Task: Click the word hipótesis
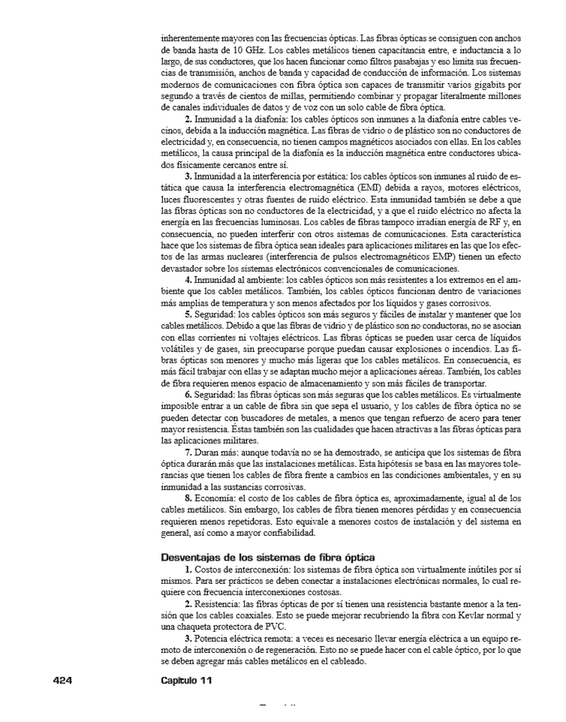400,465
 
